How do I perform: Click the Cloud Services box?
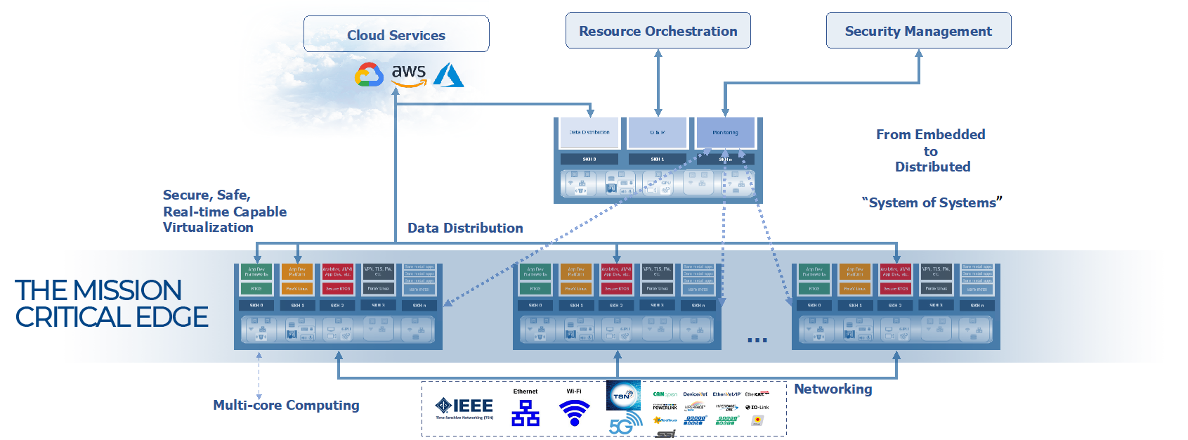click(396, 34)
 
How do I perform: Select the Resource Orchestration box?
click(658, 31)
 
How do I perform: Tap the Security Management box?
click(918, 31)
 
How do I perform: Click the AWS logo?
click(408, 75)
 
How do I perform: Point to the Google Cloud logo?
click(369, 75)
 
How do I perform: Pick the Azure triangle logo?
click(448, 75)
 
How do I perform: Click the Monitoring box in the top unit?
click(725, 132)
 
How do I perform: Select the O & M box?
click(657, 132)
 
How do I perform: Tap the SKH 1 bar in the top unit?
click(657, 159)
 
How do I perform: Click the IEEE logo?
click(464, 407)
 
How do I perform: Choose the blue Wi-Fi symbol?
click(574, 412)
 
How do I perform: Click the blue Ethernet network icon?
click(526, 413)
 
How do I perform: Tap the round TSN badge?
click(623, 396)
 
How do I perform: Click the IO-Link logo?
click(757, 407)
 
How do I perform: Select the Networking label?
click(833, 389)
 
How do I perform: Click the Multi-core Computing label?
click(286, 405)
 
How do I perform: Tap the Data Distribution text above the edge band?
click(465, 228)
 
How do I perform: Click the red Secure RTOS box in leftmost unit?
click(338, 288)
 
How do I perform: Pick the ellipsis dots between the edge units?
click(757, 340)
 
